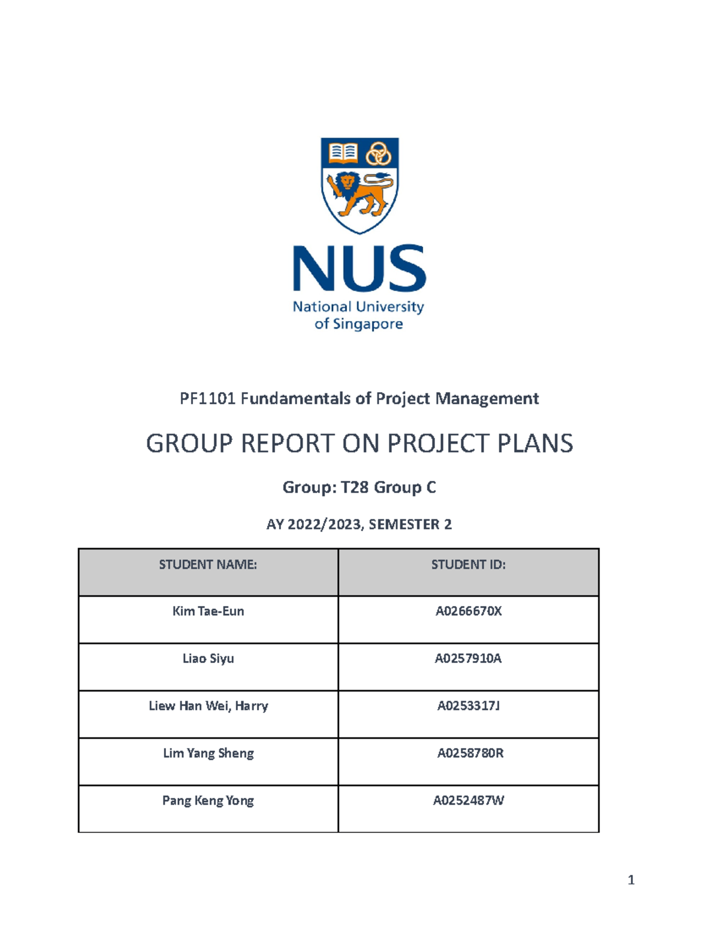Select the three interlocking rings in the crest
378,153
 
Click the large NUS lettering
359,269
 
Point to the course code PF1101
207,398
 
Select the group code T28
354,487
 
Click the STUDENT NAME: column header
208,565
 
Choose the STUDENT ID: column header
469,565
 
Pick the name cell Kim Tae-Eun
208,611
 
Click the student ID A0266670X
469,611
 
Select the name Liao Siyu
208,659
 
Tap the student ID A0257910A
469,659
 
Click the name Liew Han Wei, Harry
208,706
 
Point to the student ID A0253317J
469,706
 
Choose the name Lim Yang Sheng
208,753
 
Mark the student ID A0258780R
470,753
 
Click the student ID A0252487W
469,801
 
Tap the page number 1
631,880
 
